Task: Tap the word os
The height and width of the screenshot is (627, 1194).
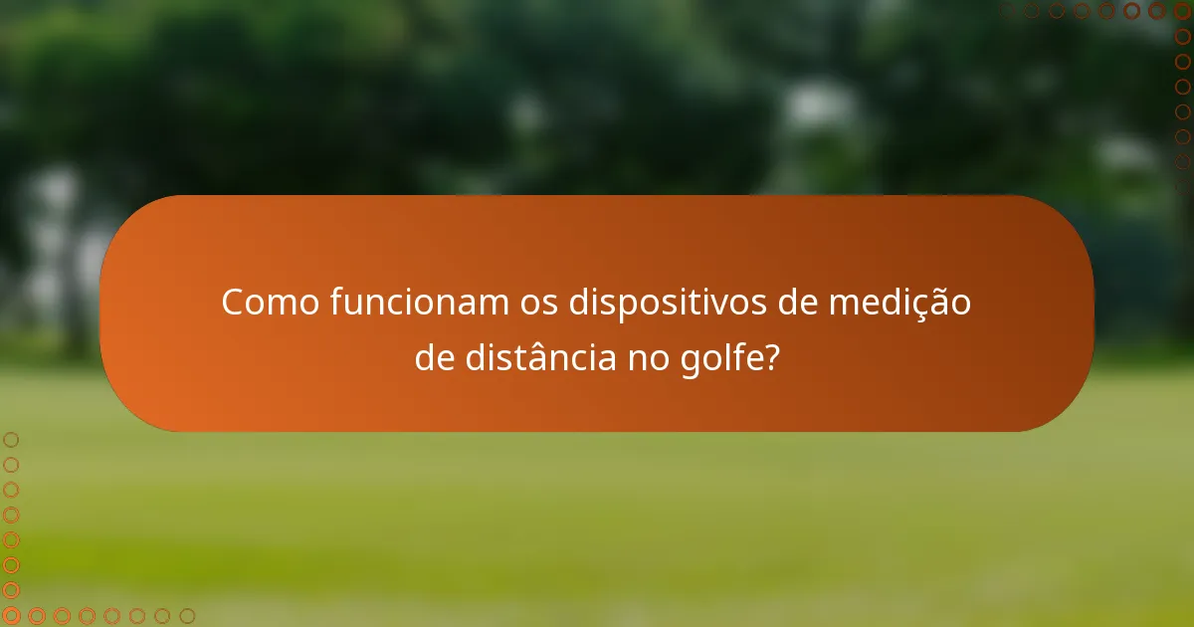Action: [x=539, y=303]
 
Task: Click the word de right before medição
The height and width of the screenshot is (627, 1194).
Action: [x=798, y=303]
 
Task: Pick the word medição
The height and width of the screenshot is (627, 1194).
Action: [x=900, y=303]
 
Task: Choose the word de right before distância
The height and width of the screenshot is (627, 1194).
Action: [x=435, y=358]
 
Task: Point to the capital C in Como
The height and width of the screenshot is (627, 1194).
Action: [x=233, y=303]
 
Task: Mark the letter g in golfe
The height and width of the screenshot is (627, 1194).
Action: [x=690, y=361]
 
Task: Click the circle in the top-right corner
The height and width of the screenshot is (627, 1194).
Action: [x=1182, y=11]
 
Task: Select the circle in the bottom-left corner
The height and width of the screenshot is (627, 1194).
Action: [x=11, y=616]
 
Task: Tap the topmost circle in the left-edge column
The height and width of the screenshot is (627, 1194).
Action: [x=11, y=439]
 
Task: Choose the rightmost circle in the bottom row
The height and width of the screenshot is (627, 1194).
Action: [x=187, y=616]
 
